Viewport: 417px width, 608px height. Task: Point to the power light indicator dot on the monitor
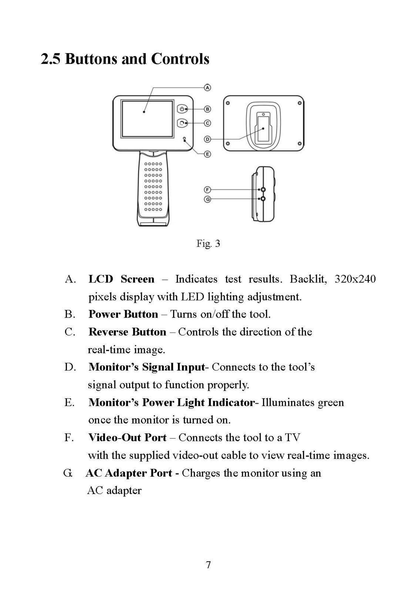[x=185, y=138]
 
